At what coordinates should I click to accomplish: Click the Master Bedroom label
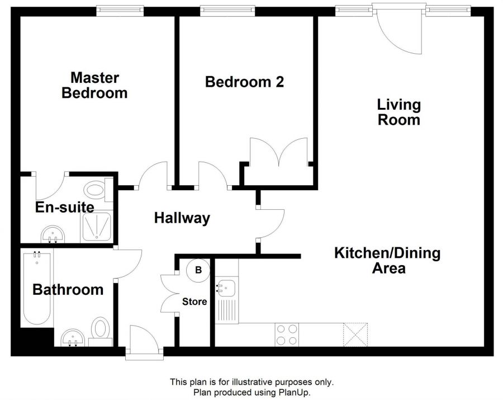(x=94, y=86)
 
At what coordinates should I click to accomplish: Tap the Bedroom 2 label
(x=244, y=82)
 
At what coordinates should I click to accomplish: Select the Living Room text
(x=398, y=112)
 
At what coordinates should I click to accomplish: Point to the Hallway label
(x=182, y=218)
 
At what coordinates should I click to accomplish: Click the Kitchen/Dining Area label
(x=387, y=260)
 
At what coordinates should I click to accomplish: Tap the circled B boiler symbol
(x=198, y=270)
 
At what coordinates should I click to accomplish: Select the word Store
(x=194, y=302)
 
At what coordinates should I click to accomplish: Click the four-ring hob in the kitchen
(x=287, y=335)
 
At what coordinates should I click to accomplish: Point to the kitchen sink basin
(x=226, y=287)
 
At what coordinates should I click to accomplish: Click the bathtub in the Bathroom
(x=37, y=288)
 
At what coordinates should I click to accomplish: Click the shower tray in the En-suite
(x=97, y=227)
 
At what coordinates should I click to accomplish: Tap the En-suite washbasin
(x=53, y=234)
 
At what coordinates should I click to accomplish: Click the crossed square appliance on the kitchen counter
(x=355, y=335)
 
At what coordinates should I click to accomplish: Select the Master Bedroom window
(x=120, y=11)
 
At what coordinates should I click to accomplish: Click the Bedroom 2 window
(x=228, y=11)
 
